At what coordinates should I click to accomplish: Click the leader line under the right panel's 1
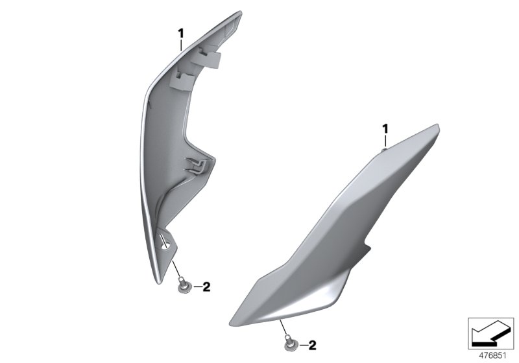pyautogui.click(x=385, y=140)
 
